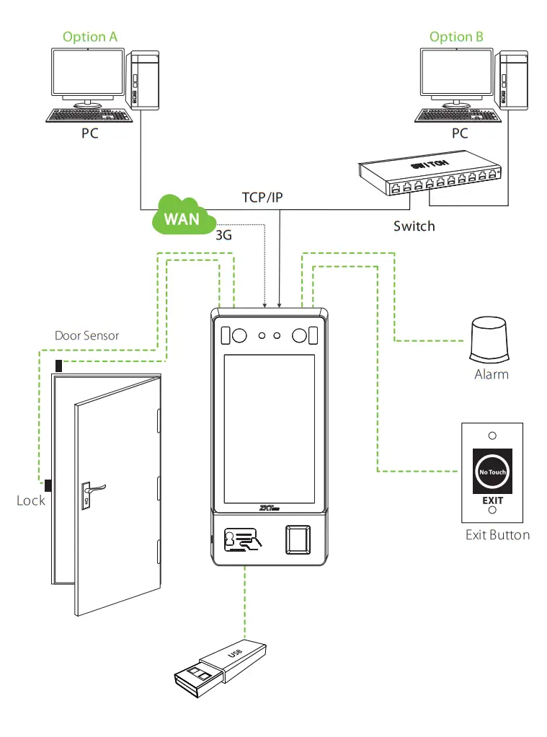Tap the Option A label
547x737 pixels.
pyautogui.click(x=90, y=37)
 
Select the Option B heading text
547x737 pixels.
pyautogui.click(x=456, y=37)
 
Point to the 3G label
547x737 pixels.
pyautogui.click(x=224, y=235)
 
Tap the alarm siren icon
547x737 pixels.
pyautogui.click(x=490, y=338)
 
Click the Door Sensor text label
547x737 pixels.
pyautogui.click(x=87, y=335)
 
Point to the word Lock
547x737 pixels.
pyautogui.click(x=31, y=500)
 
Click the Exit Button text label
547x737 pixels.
pyautogui.click(x=497, y=534)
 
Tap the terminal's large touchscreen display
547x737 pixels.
pyautogui.click(x=269, y=429)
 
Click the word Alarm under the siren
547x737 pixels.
pyautogui.click(x=491, y=374)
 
